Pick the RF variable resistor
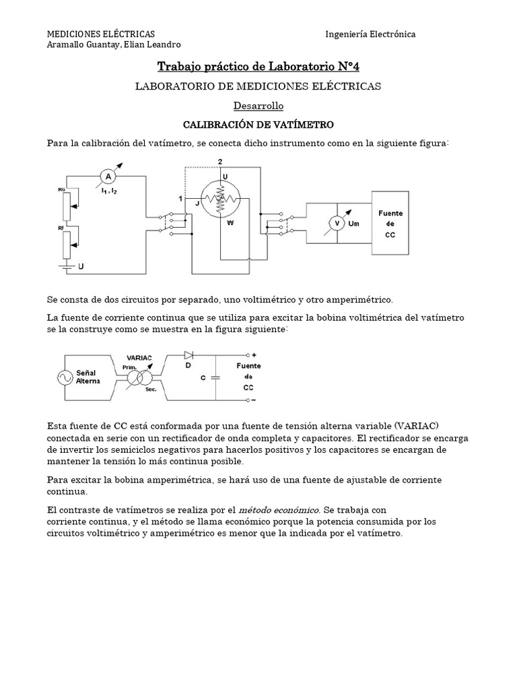click(x=67, y=243)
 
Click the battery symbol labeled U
click(x=66, y=267)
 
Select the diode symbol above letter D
click(x=188, y=354)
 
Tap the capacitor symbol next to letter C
click(x=215, y=377)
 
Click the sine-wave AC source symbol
click(x=67, y=377)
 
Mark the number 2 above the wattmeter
click(x=221, y=161)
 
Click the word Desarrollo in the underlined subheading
click(x=258, y=106)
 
